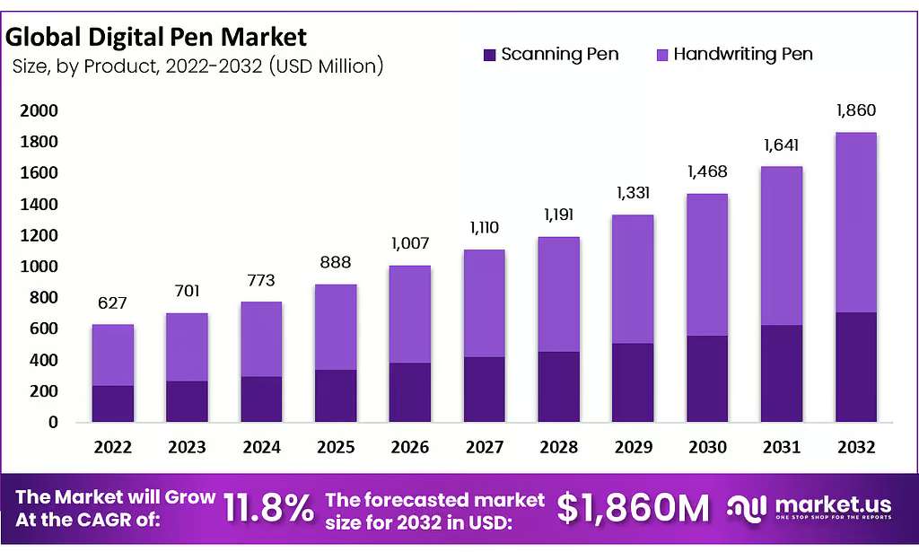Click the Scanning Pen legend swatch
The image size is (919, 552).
pyautogui.click(x=489, y=55)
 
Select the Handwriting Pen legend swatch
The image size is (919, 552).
pyautogui.click(x=661, y=55)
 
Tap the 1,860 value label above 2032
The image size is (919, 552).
pyautogui.click(x=855, y=110)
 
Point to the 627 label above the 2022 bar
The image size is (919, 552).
pyautogui.click(x=112, y=302)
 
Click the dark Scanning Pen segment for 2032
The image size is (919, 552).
pyautogui.click(x=855, y=367)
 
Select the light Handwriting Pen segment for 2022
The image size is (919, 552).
pyautogui.click(x=112, y=355)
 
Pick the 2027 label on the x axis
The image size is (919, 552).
pyautogui.click(x=484, y=447)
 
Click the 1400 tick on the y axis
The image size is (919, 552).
pyautogui.click(x=39, y=204)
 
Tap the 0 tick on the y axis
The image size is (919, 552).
pyautogui.click(x=53, y=422)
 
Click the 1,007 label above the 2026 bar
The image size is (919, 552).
pyautogui.click(x=410, y=242)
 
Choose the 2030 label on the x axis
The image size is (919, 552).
pyautogui.click(x=707, y=447)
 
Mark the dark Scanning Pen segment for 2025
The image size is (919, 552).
pyautogui.click(x=336, y=396)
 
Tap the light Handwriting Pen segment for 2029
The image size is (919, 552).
pyautogui.click(x=633, y=279)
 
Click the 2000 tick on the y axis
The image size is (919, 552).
pyautogui.click(x=39, y=110)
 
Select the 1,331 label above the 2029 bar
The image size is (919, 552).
pyautogui.click(x=633, y=193)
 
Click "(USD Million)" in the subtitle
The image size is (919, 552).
pyautogui.click(x=326, y=66)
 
